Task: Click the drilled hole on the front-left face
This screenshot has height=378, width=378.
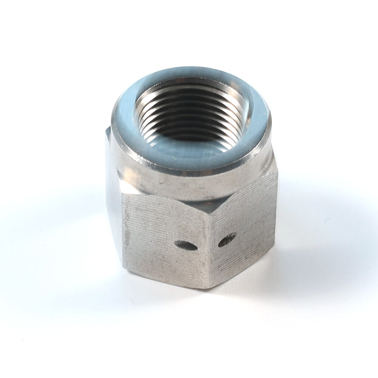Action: point(186,246)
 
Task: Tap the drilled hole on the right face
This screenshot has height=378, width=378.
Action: point(227,240)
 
